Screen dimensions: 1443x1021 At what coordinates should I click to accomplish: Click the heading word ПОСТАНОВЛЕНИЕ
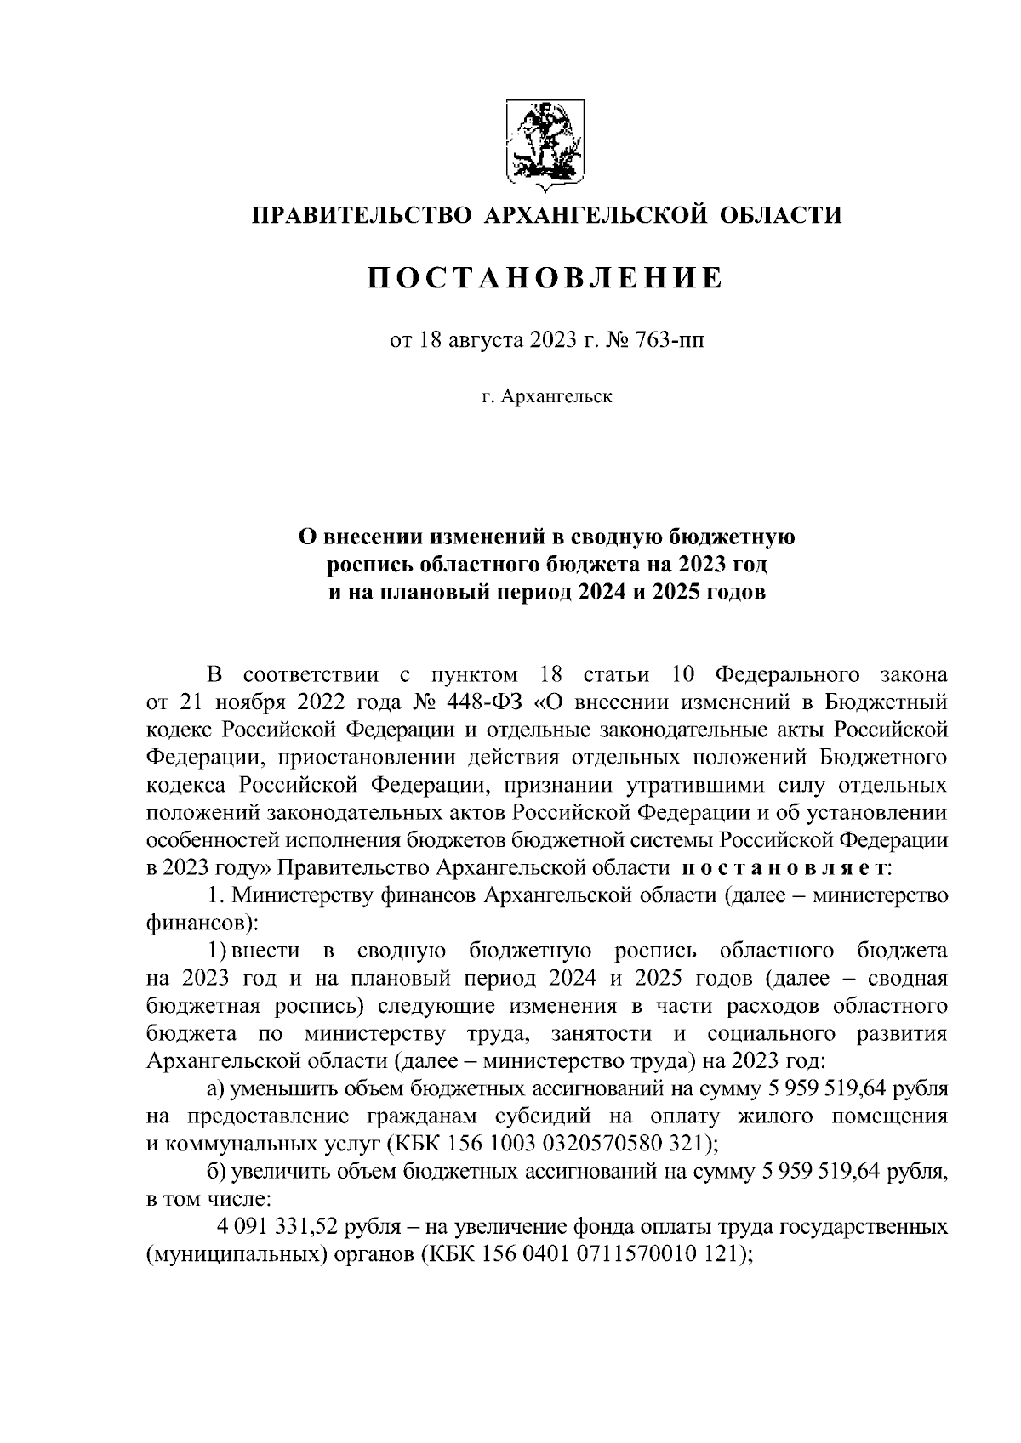pyautogui.click(x=545, y=278)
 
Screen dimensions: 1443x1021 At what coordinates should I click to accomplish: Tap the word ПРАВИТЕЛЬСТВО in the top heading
pyautogui.click(x=360, y=215)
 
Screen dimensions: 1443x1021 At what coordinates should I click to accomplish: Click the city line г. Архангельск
pyautogui.click(x=545, y=396)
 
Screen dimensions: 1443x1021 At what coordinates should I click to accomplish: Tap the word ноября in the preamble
pyautogui.click(x=246, y=702)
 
